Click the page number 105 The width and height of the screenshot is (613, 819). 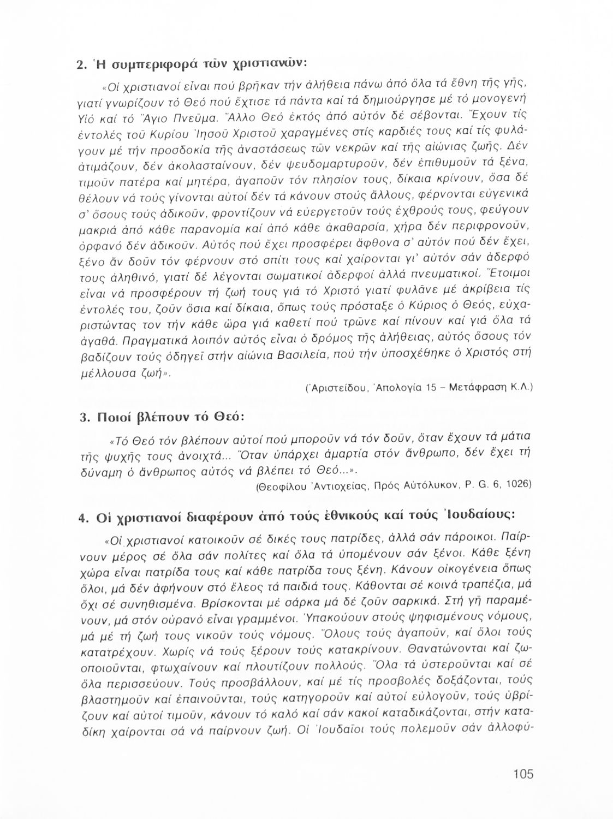522,774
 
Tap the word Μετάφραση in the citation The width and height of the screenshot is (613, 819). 477,388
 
